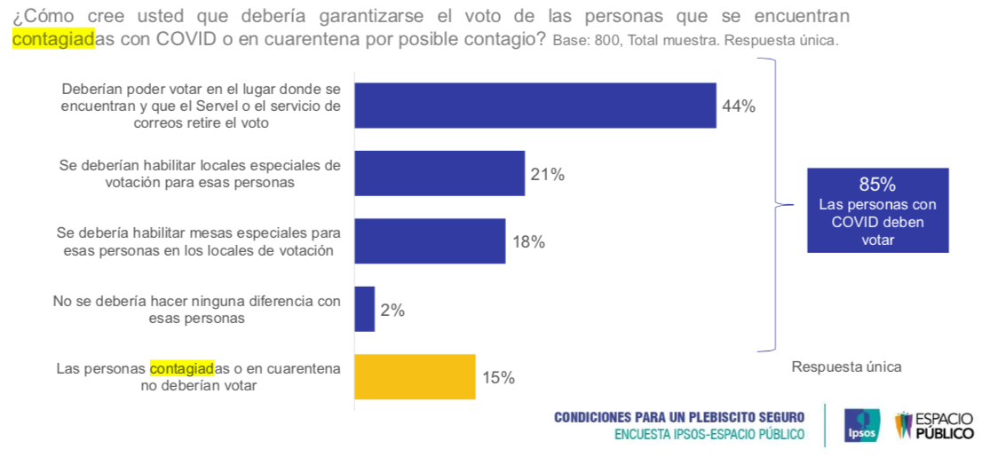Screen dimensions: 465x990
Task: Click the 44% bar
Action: [535, 106]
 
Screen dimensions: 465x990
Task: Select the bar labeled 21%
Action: [440, 173]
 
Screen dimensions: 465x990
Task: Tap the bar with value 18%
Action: [430, 241]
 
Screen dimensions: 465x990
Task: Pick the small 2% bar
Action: [364, 309]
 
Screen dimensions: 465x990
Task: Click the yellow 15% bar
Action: [415, 377]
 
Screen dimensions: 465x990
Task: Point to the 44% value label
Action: [739, 106]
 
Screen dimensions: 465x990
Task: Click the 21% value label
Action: [547, 175]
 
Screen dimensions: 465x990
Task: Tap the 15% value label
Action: [498, 378]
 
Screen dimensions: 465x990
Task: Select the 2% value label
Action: [392, 311]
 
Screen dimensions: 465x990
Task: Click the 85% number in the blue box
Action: [877, 185]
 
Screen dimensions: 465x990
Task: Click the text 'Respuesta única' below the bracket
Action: [846, 366]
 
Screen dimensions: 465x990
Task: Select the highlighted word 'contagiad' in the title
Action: [53, 39]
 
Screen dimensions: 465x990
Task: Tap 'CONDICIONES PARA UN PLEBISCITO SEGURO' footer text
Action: [679, 417]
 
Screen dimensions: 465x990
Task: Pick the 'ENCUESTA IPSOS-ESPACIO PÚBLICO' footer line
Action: [709, 434]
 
